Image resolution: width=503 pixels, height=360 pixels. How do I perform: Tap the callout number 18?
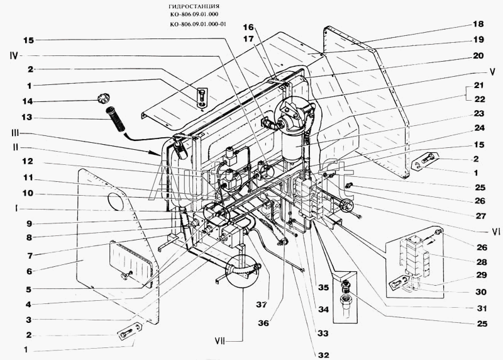click(478, 24)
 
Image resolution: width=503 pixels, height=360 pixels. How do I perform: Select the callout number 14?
click(28, 101)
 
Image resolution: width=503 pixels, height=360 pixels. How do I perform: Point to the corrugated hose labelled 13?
click(116, 120)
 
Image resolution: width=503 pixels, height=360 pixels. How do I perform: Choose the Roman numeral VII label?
click(220, 341)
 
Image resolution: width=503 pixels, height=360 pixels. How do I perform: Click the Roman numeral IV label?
click(14, 56)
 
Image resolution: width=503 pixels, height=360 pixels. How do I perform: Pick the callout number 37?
click(262, 305)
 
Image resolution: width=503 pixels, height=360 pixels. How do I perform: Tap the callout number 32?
click(324, 355)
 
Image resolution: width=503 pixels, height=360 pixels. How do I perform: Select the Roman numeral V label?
click(492, 72)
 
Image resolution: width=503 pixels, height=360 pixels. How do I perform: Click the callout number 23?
click(479, 114)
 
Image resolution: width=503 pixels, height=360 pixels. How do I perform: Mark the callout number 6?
click(29, 271)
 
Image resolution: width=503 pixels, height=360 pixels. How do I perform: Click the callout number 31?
click(482, 308)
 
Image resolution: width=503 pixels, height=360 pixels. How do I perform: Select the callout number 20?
click(478, 56)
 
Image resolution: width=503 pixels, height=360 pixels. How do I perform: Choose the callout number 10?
click(28, 193)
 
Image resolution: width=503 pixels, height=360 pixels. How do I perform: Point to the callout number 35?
click(323, 288)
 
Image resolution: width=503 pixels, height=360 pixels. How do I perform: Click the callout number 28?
click(482, 262)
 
